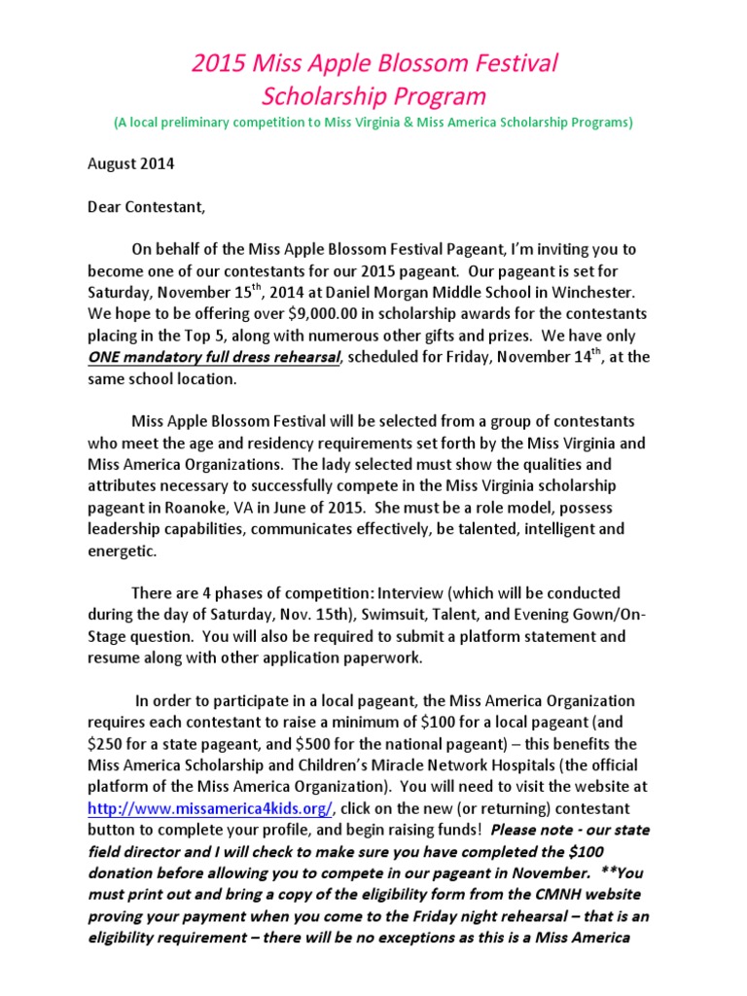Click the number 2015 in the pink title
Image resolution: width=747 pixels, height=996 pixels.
(220, 64)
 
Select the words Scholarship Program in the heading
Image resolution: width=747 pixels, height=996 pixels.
(374, 96)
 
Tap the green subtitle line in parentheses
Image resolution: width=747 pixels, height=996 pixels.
(373, 123)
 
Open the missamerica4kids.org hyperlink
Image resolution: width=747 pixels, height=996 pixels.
(211, 808)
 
